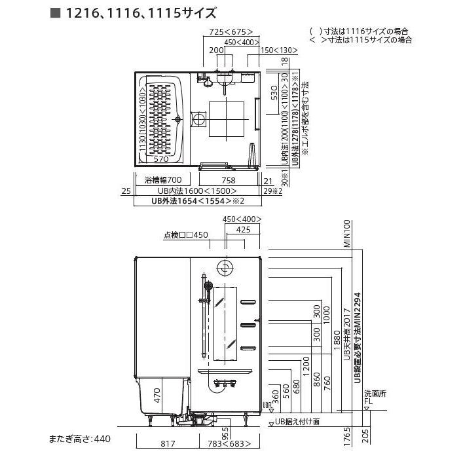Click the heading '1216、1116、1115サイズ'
[140, 12]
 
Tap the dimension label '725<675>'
[231, 31]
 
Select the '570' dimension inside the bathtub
[162, 159]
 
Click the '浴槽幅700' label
[162, 179]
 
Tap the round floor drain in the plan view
[198, 119]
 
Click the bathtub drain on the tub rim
[178, 119]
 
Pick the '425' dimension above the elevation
[243, 230]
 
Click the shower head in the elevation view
[208, 286]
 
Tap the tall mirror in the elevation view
[226, 323]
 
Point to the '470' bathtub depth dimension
[157, 395]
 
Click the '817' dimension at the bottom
[168, 444]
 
